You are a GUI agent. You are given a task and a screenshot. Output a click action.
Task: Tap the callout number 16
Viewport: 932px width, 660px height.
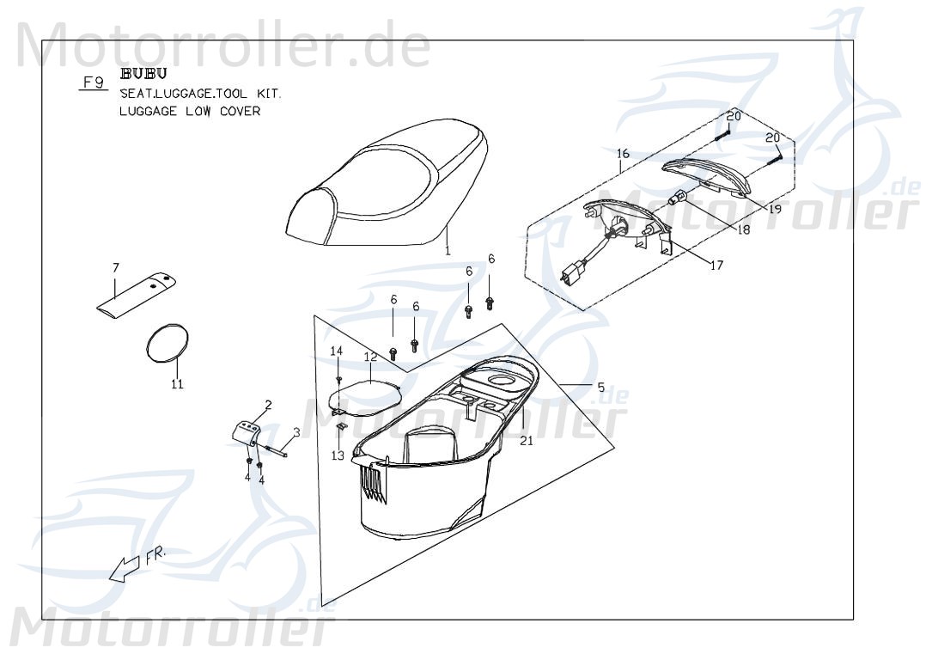pyautogui.click(x=623, y=154)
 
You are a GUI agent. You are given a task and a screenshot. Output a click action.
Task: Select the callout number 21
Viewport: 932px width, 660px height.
pyautogui.click(x=527, y=441)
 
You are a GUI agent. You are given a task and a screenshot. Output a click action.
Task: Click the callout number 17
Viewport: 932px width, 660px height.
pyautogui.click(x=716, y=266)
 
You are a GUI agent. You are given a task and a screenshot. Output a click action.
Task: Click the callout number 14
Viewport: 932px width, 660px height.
pyautogui.click(x=337, y=351)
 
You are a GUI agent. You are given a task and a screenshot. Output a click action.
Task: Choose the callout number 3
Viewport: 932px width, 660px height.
pyautogui.click(x=296, y=432)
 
